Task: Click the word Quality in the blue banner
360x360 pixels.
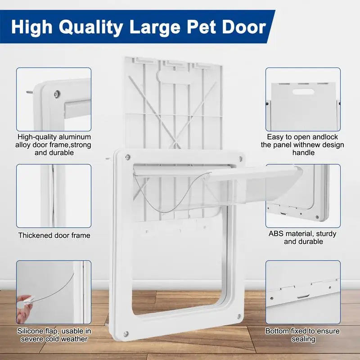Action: click(x=91, y=27)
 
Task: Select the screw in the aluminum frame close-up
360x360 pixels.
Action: click(x=57, y=94)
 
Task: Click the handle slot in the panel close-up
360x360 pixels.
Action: click(x=303, y=92)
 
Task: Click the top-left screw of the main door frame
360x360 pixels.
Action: click(x=127, y=157)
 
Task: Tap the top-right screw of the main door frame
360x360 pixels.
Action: click(x=240, y=158)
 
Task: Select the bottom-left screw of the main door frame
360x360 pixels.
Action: click(x=126, y=333)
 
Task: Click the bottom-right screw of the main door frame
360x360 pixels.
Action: click(x=239, y=316)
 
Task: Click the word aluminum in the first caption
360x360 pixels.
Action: click(x=75, y=137)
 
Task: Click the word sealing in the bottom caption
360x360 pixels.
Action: click(x=303, y=339)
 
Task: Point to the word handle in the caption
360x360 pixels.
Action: click(x=303, y=153)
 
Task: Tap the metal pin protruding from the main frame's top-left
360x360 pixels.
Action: click(x=108, y=158)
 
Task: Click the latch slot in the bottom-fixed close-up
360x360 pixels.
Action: click(x=303, y=297)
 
